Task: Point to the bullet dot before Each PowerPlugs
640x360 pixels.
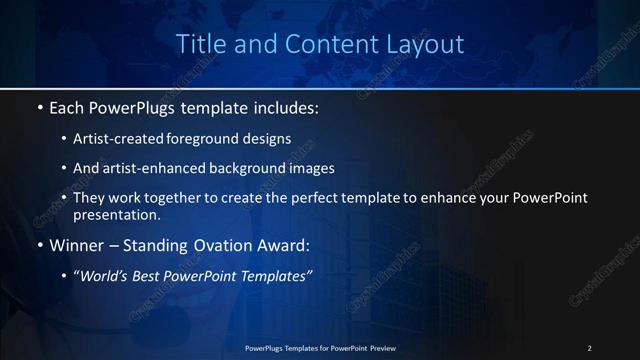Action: click(x=39, y=106)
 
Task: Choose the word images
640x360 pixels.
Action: click(x=312, y=169)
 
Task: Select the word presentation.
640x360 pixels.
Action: click(x=116, y=215)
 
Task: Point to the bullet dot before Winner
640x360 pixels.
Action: click(x=39, y=245)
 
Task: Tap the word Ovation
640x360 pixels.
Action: click(x=215, y=245)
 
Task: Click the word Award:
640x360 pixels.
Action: click(x=286, y=245)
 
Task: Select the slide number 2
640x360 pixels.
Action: click(x=589, y=347)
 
